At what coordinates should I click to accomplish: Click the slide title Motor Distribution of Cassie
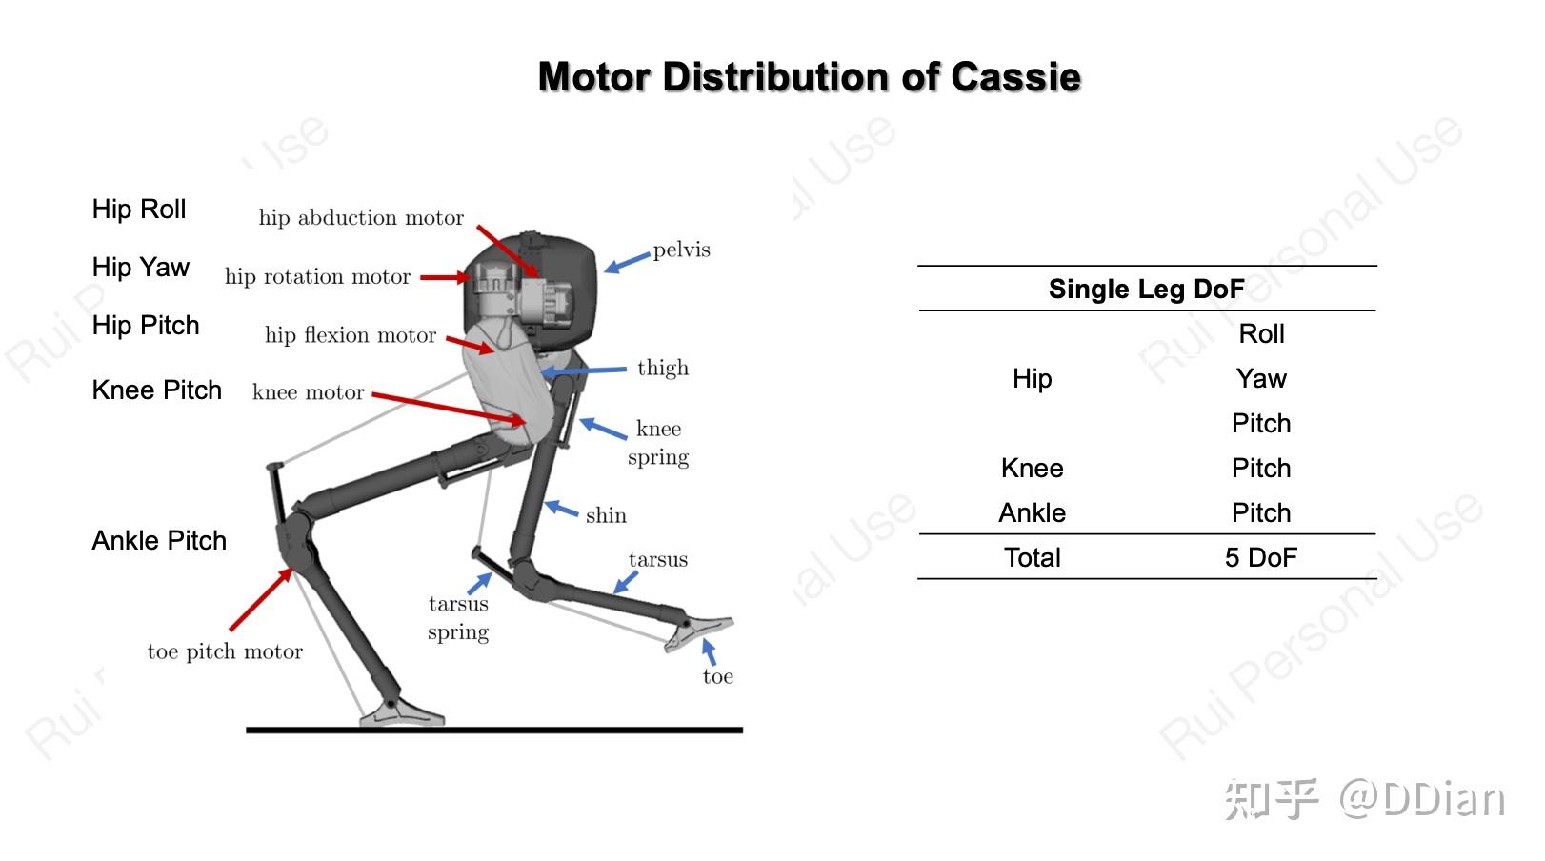click(809, 77)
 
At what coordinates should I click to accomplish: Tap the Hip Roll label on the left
click(139, 210)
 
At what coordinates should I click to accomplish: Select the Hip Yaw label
click(141, 268)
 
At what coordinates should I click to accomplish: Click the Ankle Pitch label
click(159, 541)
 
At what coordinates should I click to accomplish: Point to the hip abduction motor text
click(361, 218)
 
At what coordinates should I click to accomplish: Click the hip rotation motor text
click(317, 277)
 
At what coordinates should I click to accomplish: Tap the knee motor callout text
click(308, 392)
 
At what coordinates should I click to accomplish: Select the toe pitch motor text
click(225, 651)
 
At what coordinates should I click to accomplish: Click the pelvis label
click(681, 250)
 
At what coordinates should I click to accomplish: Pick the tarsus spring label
click(458, 617)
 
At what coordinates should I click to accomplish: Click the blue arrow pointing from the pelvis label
click(627, 262)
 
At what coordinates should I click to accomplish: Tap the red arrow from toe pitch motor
click(261, 599)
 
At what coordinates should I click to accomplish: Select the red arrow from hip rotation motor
click(445, 277)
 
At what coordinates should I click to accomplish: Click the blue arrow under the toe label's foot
click(709, 651)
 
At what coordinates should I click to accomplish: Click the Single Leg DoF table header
click(1146, 290)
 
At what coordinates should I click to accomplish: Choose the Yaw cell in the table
click(1261, 379)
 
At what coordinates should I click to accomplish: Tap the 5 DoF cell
click(1260, 558)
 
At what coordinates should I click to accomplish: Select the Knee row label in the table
click(1032, 469)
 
